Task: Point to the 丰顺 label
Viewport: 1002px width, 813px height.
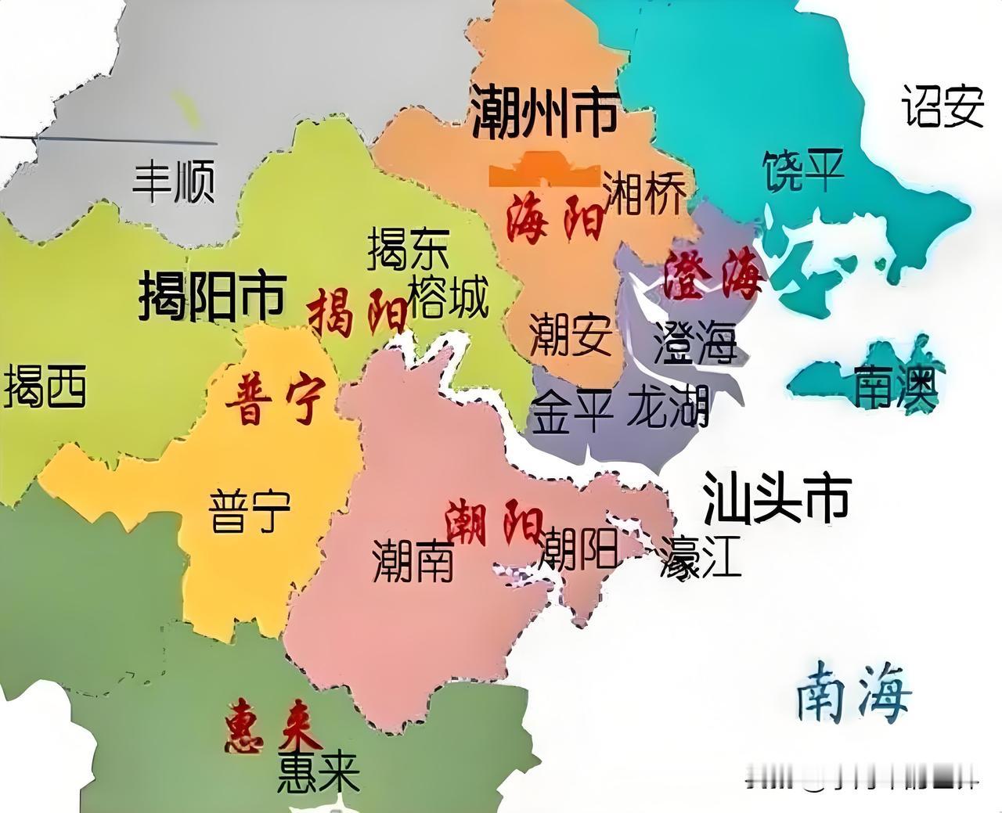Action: pyautogui.click(x=173, y=182)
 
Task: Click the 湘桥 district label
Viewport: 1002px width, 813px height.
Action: pyautogui.click(x=644, y=192)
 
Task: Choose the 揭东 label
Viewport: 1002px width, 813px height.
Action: pyautogui.click(x=408, y=248)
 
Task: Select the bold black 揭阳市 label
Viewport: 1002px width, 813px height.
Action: pyautogui.click(x=212, y=297)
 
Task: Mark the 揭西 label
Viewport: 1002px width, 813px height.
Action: pyautogui.click(x=45, y=387)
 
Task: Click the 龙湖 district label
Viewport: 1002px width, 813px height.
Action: pyautogui.click(x=668, y=407)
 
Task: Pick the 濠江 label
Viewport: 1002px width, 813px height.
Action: pyautogui.click(x=699, y=557)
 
